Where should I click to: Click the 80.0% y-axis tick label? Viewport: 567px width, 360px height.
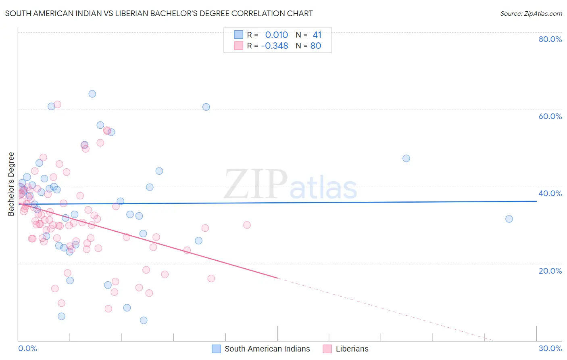click(x=550, y=39)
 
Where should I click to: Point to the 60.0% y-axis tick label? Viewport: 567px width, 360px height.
click(x=550, y=116)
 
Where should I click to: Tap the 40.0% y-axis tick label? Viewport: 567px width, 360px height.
click(x=550, y=193)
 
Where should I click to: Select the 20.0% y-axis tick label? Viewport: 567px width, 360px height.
click(x=550, y=271)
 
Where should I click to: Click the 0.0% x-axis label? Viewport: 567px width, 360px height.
click(x=27, y=348)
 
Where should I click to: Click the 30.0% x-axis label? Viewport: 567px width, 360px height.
click(x=550, y=348)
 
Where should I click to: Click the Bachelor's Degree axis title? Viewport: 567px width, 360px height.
click(x=11, y=184)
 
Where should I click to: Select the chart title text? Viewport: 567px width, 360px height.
click(x=159, y=13)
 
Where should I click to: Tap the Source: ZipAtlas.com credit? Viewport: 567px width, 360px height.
click(x=531, y=14)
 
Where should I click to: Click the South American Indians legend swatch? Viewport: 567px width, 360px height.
click(x=217, y=349)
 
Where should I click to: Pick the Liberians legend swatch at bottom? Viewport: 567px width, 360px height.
click(x=327, y=349)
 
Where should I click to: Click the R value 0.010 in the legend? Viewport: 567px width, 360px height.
click(x=277, y=35)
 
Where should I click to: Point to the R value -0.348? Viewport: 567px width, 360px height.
click(x=275, y=46)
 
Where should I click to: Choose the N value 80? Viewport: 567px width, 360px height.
click(x=316, y=46)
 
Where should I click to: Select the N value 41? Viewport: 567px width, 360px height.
click(x=317, y=35)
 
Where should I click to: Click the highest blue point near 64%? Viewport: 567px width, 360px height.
click(x=92, y=94)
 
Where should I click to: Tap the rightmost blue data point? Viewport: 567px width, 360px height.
click(x=509, y=219)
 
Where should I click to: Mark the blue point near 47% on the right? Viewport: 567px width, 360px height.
click(x=406, y=158)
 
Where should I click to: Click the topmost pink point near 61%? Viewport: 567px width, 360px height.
click(x=57, y=104)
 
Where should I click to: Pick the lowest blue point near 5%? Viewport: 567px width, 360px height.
click(x=144, y=320)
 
